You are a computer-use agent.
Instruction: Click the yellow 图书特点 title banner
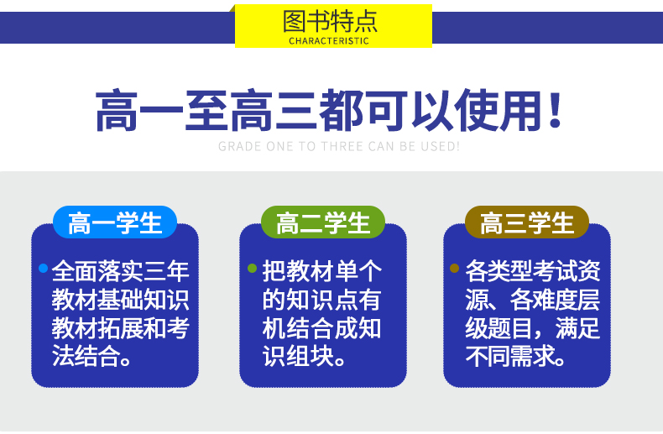coord(333,26)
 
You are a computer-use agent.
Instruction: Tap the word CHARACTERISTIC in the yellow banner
coord(329,41)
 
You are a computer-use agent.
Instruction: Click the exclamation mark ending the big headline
coord(555,110)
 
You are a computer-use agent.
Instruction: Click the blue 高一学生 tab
coord(115,222)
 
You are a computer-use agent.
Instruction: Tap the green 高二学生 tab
coord(323,222)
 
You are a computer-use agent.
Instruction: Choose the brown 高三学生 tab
coord(527,222)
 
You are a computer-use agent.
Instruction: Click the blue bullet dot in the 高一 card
coord(43,268)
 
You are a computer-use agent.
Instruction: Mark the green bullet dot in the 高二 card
coord(252,268)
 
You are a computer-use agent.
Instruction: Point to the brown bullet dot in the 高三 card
coord(455,268)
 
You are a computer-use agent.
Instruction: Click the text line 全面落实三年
coord(121,271)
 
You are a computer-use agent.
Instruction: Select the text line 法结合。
coord(91,356)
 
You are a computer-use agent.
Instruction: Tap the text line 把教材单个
coord(321,271)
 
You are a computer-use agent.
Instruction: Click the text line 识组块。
coord(304,356)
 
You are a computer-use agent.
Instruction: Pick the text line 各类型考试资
coord(533,271)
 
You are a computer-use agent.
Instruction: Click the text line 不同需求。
coord(515,356)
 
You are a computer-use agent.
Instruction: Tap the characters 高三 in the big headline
coord(274,111)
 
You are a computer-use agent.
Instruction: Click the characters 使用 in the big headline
coord(499,111)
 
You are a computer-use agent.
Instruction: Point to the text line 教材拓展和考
coord(121,328)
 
